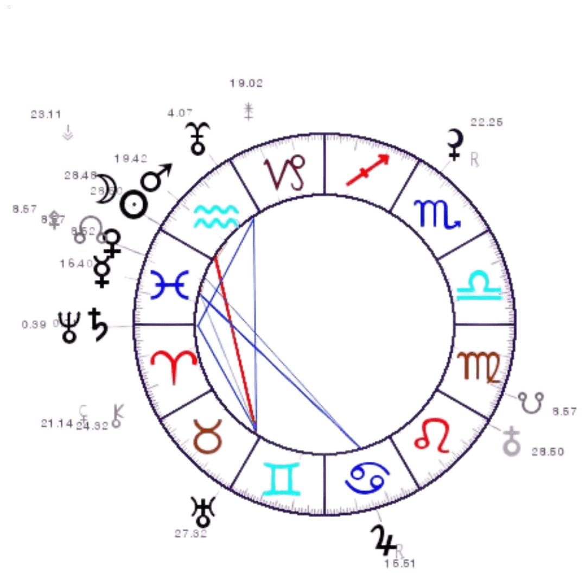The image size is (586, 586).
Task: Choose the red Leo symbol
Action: (432, 435)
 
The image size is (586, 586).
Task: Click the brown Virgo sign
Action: (477, 367)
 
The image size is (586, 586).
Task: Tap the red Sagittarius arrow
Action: (367, 169)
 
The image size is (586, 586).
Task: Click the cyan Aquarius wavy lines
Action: (215, 215)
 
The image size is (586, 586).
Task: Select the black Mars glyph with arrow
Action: (156, 179)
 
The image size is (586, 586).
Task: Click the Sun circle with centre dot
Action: (133, 205)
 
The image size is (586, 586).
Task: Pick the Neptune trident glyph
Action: (71, 327)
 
